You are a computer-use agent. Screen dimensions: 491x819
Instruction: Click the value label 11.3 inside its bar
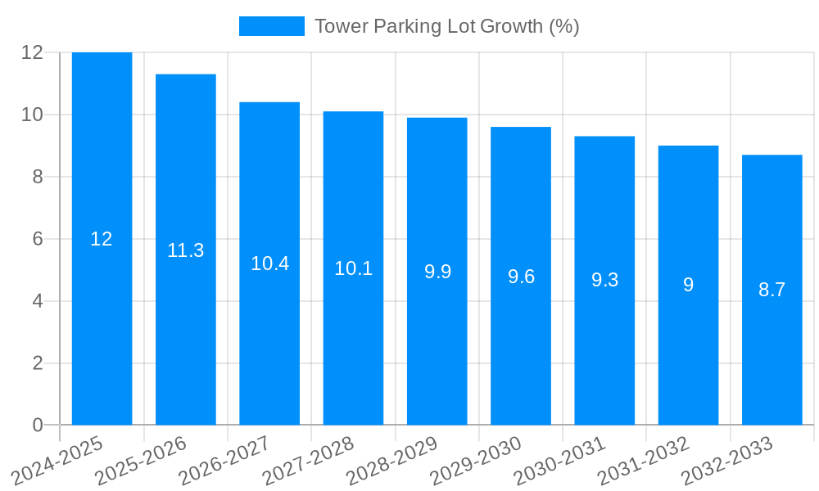click(x=185, y=250)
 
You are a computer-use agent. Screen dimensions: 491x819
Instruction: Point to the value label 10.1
click(x=353, y=268)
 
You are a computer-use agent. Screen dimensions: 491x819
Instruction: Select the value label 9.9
click(x=437, y=272)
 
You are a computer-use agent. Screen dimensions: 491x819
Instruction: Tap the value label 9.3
click(x=604, y=280)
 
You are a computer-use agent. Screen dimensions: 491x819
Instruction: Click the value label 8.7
click(x=771, y=290)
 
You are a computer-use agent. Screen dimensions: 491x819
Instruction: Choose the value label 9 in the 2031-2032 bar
click(x=688, y=285)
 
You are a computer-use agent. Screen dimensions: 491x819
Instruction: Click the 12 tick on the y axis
click(x=32, y=52)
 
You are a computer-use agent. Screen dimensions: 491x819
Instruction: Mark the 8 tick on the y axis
click(x=38, y=177)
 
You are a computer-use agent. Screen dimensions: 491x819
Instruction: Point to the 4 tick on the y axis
click(x=38, y=301)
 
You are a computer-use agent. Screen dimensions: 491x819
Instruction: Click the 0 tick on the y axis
click(x=38, y=426)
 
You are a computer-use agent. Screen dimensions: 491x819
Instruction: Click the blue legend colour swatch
click(x=271, y=26)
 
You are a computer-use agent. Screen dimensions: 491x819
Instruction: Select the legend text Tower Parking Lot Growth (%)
click(x=446, y=26)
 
